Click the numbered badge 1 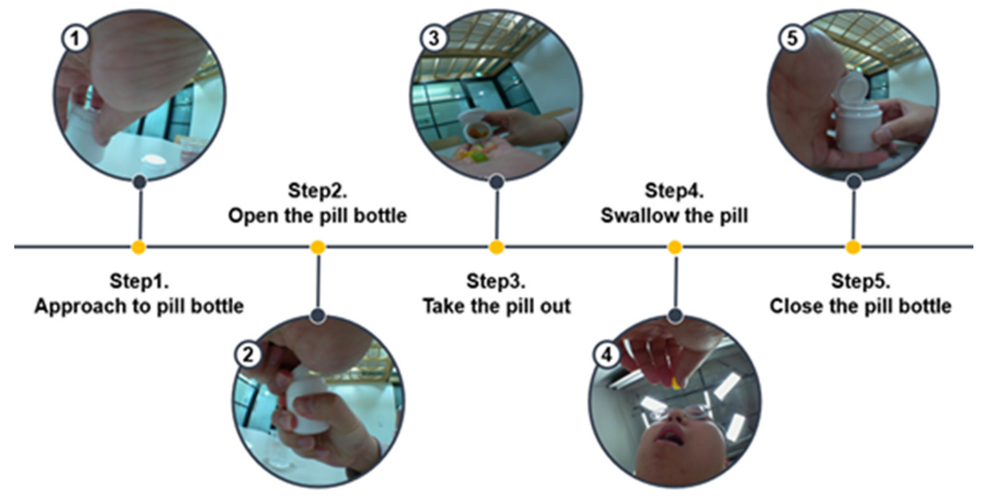[x=75, y=39]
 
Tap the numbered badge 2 [x=248, y=354]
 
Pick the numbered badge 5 [x=792, y=39]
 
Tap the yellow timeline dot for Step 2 [x=318, y=247]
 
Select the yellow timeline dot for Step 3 [x=496, y=247]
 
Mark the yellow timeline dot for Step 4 [x=675, y=247]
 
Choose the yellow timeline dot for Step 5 [x=853, y=247]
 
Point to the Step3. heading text [x=496, y=281]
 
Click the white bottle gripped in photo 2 [x=307, y=400]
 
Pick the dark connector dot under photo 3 [x=496, y=182]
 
